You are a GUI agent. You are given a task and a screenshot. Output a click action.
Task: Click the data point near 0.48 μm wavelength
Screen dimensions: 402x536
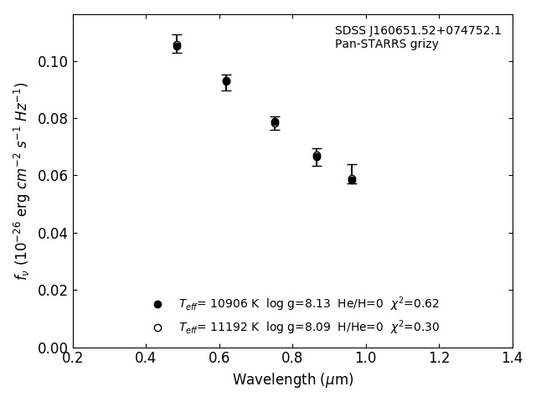click(x=177, y=46)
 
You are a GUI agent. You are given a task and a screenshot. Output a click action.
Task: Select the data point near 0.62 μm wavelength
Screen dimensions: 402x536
click(x=226, y=81)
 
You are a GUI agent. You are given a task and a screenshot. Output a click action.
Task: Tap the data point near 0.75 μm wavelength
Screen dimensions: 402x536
click(x=275, y=122)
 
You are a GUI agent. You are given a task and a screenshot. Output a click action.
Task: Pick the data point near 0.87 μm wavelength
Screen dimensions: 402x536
click(x=317, y=156)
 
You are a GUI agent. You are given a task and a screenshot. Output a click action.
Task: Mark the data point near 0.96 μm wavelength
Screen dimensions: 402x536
click(x=352, y=179)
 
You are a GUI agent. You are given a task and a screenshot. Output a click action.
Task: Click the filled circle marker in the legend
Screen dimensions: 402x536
click(x=157, y=304)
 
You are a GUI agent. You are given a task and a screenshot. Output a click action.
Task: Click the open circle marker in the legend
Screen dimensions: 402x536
click(x=157, y=327)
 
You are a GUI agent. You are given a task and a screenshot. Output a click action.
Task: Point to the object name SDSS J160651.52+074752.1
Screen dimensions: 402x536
click(x=418, y=31)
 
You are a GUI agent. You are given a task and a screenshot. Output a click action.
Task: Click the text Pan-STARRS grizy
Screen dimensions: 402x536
click(x=386, y=44)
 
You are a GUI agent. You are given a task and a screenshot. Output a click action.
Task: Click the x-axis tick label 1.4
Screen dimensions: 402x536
click(x=513, y=358)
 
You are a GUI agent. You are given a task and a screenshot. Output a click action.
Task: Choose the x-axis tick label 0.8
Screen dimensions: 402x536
click(x=292, y=358)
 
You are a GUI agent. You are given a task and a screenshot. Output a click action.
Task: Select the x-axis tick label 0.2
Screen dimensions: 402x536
click(x=73, y=358)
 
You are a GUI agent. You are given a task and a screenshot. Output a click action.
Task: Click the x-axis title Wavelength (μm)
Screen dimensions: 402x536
click(x=292, y=380)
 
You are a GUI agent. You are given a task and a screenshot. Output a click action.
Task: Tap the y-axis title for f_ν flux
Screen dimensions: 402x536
click(x=22, y=180)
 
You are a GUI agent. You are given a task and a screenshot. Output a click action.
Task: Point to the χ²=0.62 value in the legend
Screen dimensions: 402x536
click(x=415, y=304)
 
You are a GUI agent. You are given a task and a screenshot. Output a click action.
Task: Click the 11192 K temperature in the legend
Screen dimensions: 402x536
click(x=234, y=327)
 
